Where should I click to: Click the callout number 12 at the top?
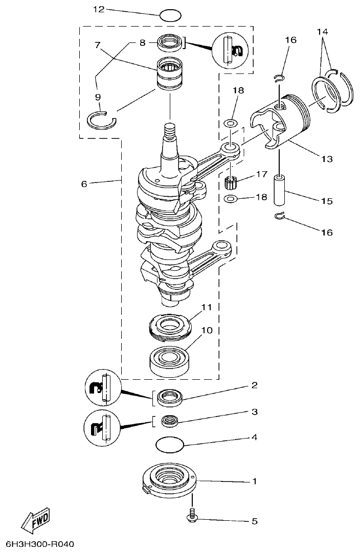98,9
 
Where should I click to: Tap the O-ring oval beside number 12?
170,15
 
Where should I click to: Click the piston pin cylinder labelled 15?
280,189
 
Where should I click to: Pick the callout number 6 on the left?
84,184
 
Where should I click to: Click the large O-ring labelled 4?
169,445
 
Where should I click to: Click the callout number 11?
206,307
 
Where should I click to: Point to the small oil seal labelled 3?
170,421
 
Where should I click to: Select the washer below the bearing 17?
231,198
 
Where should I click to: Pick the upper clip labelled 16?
279,78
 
